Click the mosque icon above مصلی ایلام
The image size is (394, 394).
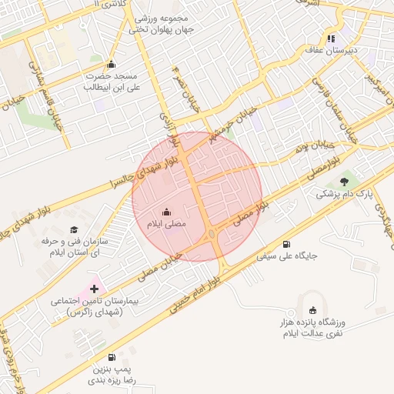[x=167, y=212]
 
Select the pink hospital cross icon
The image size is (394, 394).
[x=94, y=289]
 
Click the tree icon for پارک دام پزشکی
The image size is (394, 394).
[x=343, y=181]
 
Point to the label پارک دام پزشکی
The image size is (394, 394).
[x=343, y=195]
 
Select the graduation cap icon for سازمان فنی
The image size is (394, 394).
[x=74, y=229]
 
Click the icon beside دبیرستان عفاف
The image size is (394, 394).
[x=331, y=38]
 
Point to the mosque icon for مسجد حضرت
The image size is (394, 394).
[x=111, y=65]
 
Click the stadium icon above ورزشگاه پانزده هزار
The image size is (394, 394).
[x=312, y=309]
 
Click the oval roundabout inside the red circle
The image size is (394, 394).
[x=211, y=233]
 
